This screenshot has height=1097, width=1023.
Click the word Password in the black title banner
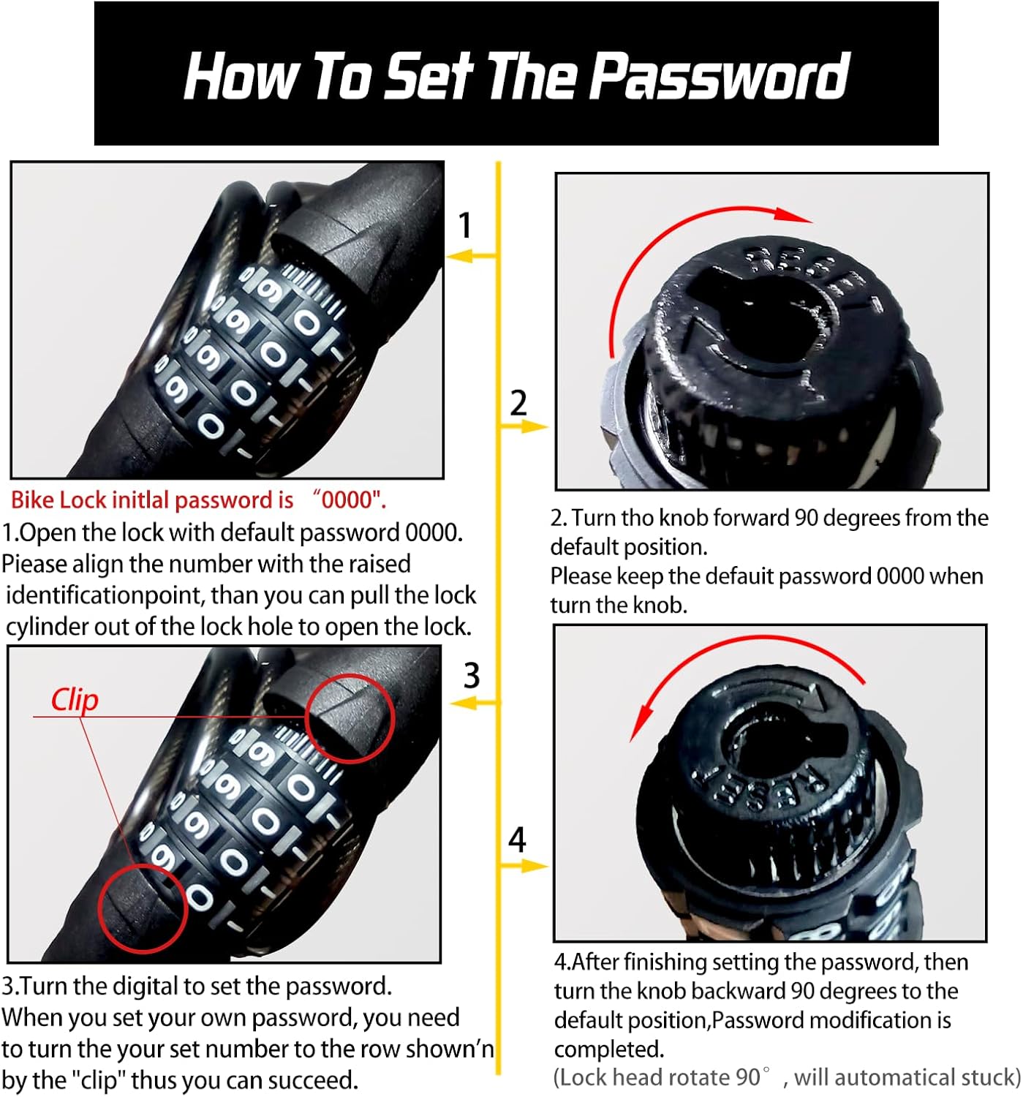click(721, 75)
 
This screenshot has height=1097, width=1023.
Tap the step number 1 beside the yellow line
click(465, 225)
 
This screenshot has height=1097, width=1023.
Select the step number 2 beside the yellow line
click(518, 403)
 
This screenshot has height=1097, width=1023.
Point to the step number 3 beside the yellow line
click(471, 675)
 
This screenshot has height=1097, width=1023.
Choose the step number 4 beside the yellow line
click(517, 840)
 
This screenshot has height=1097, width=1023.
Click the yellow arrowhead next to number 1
click(459, 256)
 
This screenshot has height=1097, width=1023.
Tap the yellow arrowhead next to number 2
click(534, 426)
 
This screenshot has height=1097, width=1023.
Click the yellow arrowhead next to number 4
click(534, 866)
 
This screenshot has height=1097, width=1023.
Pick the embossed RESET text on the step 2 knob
click(812, 276)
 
